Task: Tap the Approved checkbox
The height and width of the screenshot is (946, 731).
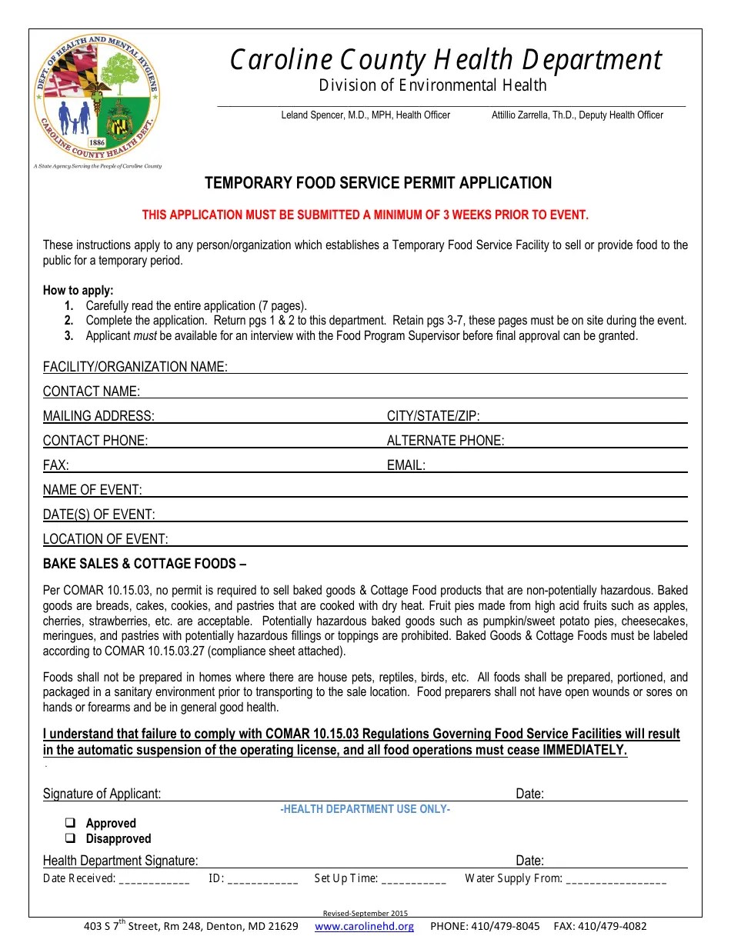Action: click(x=70, y=823)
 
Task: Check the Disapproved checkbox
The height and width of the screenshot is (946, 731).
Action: click(x=70, y=838)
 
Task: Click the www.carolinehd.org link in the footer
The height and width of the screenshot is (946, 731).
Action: click(x=364, y=926)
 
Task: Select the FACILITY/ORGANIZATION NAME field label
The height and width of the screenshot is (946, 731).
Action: click(x=135, y=367)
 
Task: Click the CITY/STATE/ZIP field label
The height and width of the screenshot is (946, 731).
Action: click(x=433, y=416)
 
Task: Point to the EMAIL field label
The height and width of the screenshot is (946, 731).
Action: click(x=406, y=465)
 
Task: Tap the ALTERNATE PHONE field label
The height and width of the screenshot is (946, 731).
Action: click(x=446, y=441)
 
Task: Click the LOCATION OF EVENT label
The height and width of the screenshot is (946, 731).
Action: click(x=105, y=539)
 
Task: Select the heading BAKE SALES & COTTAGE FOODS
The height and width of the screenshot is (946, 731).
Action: click(x=145, y=564)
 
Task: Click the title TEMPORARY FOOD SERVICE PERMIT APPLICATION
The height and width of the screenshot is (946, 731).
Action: click(x=378, y=183)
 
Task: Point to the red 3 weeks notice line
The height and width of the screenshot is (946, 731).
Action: click(x=365, y=215)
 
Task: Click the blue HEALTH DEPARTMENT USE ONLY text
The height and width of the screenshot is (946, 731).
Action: click(x=365, y=809)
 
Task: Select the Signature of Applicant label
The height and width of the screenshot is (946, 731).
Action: click(x=102, y=794)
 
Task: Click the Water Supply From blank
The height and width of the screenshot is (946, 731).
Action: click(x=616, y=879)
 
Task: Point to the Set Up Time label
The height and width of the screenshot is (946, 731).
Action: click(x=346, y=878)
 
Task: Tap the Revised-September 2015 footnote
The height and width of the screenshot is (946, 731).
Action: click(x=365, y=913)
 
